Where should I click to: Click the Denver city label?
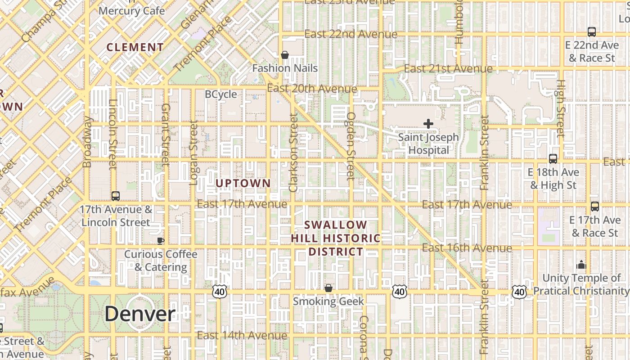coord(140,314)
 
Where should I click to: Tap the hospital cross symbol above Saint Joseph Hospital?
coord(428,123)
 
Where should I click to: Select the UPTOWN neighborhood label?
coord(243,183)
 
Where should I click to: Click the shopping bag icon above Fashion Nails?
coord(284,55)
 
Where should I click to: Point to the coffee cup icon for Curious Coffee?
coord(160,241)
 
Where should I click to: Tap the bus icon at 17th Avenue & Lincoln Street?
coord(116,196)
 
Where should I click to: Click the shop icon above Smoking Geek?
coord(328,288)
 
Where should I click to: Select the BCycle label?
coord(220,94)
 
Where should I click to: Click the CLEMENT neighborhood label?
coord(135,47)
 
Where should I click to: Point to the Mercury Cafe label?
coord(131,11)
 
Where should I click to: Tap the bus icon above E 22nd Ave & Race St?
coord(592,32)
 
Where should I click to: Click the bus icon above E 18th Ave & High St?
coord(553,159)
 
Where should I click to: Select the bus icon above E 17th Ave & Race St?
coord(595,207)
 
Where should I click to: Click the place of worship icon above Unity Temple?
coord(581,265)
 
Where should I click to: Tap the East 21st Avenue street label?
coord(448,69)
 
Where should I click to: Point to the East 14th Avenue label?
coord(242,336)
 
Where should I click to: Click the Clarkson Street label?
coord(293,153)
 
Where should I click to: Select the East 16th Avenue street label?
coord(467,248)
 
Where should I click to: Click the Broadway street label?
coord(88,142)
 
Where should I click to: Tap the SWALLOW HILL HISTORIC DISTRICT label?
coord(336,238)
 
